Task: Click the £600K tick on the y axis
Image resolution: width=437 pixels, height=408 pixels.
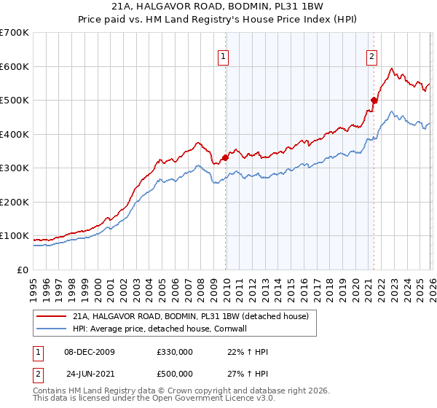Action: (x=14, y=66)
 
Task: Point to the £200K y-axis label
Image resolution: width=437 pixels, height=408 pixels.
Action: (x=14, y=202)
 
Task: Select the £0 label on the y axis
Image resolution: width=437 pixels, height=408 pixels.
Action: (x=22, y=270)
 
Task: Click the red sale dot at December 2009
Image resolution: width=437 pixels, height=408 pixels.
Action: (x=225, y=157)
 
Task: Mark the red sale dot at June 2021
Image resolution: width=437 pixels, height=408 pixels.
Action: (x=374, y=100)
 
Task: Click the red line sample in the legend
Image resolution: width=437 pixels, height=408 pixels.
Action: (x=52, y=316)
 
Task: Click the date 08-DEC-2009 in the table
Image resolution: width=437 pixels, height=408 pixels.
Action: (x=90, y=352)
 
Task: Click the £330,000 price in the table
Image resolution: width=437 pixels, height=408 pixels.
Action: (x=174, y=352)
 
